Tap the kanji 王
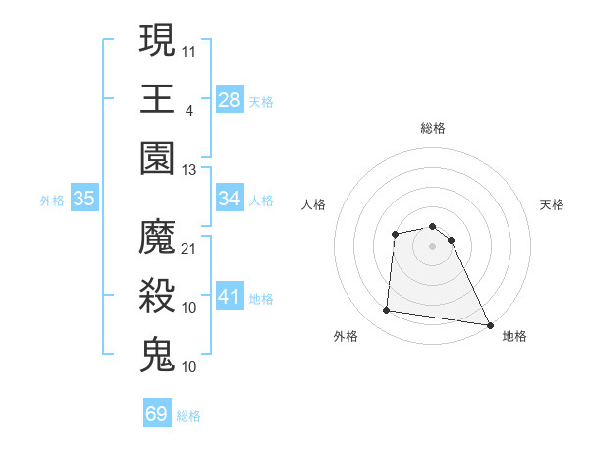tap(157, 97)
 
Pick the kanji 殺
tap(157, 296)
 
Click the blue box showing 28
tap(230, 99)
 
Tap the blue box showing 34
tap(230, 199)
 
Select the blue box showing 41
tap(230, 297)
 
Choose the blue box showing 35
tap(84, 199)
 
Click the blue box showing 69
tap(157, 414)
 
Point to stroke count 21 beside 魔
tap(189, 248)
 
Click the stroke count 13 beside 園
tap(189, 169)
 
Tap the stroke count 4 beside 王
tap(188, 109)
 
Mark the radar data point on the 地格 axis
tap(490, 323)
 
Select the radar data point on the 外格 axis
tap(387, 311)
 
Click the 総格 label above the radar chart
tap(433, 128)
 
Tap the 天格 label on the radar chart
tap(552, 204)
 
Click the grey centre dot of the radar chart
tap(432, 247)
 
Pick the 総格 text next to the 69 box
tap(188, 416)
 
